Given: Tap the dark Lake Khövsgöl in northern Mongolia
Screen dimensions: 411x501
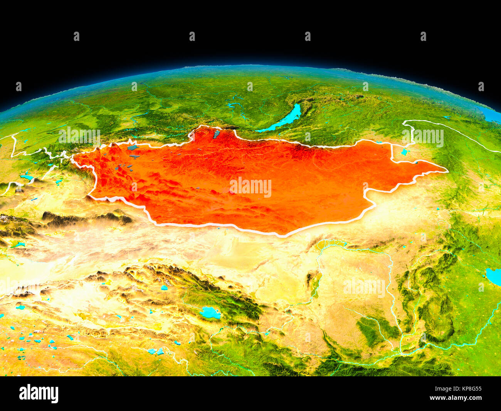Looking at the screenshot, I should pos(217,134).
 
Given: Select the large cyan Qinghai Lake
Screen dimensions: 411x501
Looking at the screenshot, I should pos(210,312).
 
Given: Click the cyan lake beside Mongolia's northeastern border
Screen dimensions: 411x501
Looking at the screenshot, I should pos(404,152).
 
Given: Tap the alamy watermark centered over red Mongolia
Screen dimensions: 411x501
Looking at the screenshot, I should pos(250,187).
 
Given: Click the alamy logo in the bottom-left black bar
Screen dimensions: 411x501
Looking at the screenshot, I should pos(39,393).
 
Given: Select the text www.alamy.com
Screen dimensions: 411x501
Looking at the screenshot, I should pos(456,398).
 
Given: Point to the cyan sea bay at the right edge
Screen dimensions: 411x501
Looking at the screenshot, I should pos(493,276).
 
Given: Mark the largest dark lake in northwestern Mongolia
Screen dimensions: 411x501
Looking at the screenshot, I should pos(133,147).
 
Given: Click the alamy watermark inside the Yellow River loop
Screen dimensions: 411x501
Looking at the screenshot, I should pos(364,287).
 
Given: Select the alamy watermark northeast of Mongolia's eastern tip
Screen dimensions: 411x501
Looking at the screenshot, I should pos(422,137).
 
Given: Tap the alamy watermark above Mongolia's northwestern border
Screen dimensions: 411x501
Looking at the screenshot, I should pos(79,136).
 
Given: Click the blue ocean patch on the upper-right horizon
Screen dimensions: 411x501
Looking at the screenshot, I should pos(489,115).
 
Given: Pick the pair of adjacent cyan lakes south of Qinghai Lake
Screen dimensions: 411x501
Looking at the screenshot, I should pos(156,351).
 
